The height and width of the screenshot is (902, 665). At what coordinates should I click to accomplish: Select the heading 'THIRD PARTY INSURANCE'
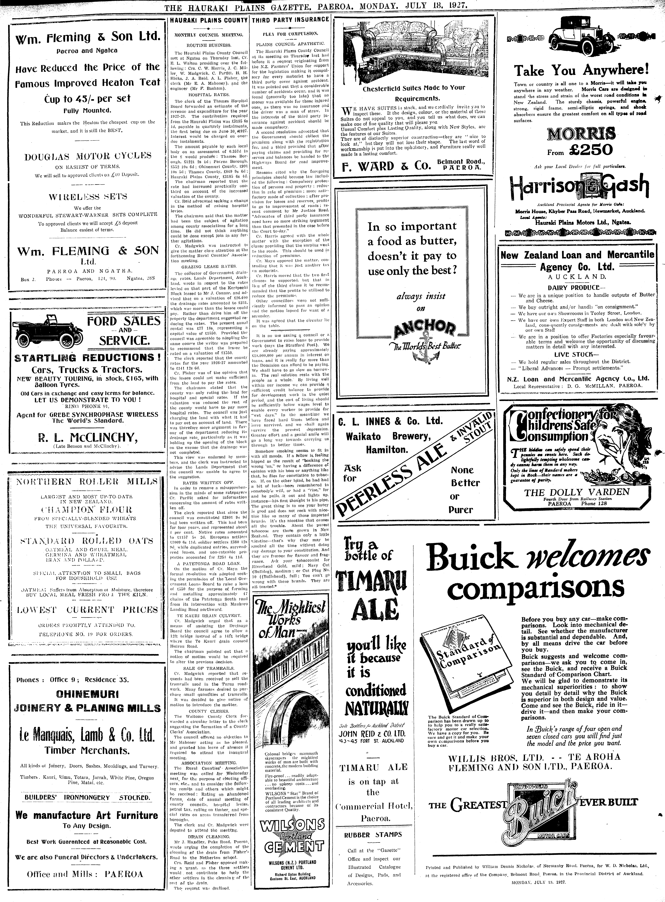tap(290, 19)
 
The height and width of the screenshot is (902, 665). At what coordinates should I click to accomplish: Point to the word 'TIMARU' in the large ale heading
tap(371, 583)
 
